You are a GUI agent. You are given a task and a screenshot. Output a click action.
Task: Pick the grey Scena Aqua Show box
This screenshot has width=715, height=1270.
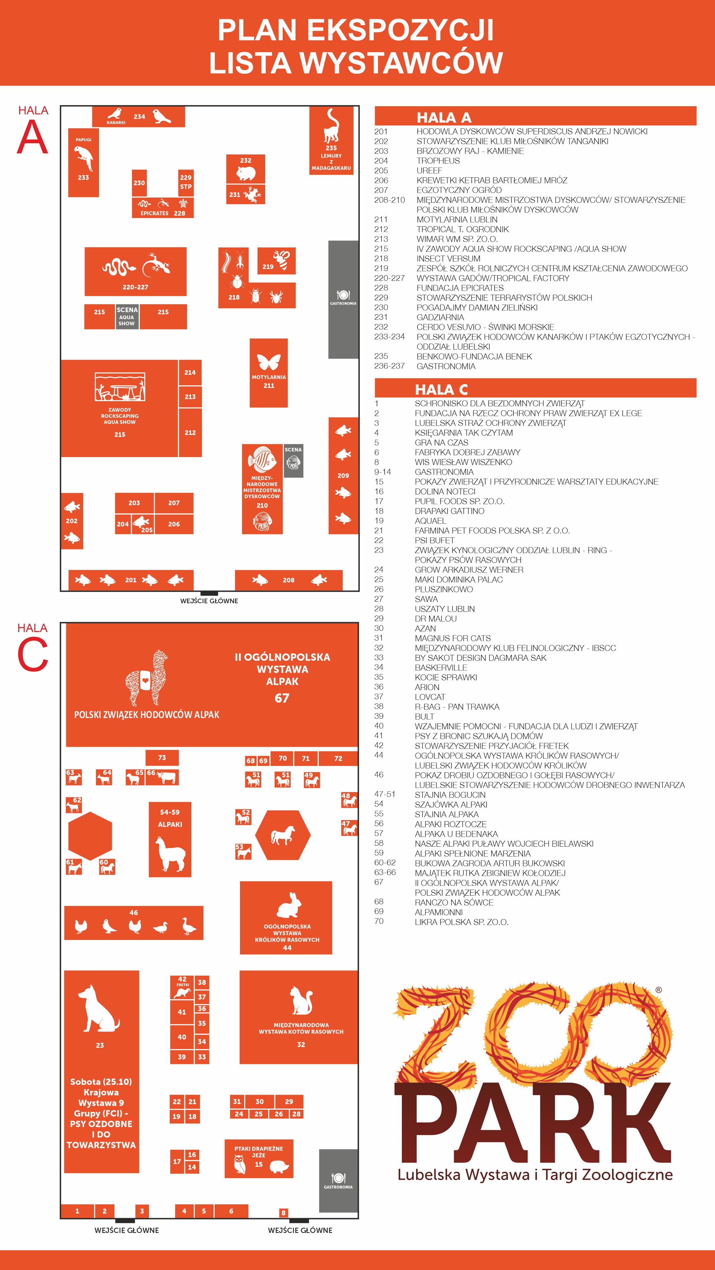click(x=127, y=317)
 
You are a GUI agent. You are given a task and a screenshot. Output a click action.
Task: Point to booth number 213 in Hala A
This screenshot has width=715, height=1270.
click(x=190, y=397)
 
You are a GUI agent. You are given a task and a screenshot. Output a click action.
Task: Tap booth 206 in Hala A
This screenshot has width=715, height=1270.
click(x=174, y=524)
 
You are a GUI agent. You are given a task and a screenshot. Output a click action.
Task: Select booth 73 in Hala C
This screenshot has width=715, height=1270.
click(x=162, y=757)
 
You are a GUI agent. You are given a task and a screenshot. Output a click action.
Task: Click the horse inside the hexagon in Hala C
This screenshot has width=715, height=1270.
click(x=282, y=835)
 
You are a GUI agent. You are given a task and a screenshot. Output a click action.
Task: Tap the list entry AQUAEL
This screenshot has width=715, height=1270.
click(x=430, y=521)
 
